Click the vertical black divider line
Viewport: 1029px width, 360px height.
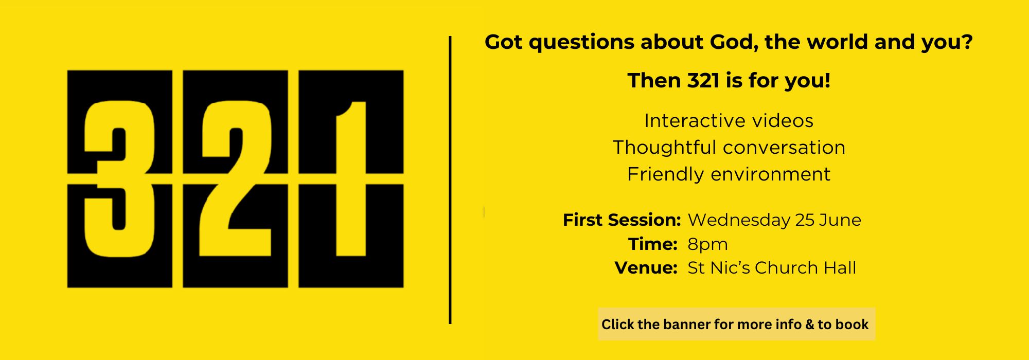450,180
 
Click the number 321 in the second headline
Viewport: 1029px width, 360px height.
703,81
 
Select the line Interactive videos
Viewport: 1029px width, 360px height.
729,121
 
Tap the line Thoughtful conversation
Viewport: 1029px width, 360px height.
729,148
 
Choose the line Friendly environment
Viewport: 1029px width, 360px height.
729,174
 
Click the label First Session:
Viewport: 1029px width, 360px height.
622,220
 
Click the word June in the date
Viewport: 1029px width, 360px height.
840,220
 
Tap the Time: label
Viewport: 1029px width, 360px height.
652,244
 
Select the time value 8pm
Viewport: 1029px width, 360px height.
707,245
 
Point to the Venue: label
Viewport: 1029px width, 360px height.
646,268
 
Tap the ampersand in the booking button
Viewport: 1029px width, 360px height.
809,325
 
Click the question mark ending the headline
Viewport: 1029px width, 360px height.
967,42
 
